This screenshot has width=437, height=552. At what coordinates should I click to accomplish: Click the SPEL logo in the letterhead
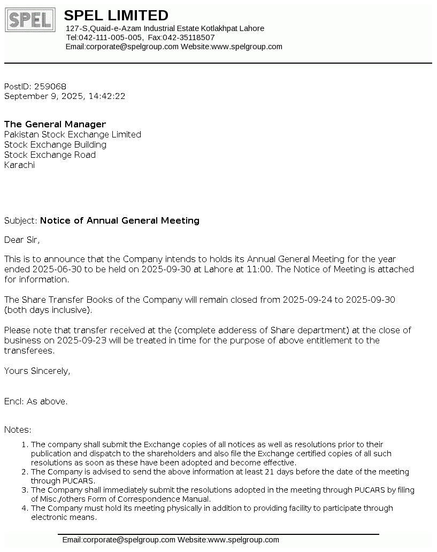point(30,20)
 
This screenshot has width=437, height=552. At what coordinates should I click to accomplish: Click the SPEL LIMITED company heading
point(116,16)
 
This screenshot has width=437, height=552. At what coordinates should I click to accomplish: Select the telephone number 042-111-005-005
point(111,37)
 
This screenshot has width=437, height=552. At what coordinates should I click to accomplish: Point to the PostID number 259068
point(50,86)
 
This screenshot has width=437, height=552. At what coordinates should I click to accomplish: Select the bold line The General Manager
point(55,124)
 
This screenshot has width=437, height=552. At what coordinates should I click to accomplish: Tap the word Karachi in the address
point(19,165)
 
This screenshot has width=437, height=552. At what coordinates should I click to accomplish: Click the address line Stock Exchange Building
point(55,144)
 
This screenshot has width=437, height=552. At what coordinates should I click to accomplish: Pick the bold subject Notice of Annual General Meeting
point(120,220)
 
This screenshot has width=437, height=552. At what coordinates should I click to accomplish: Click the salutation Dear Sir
point(22,240)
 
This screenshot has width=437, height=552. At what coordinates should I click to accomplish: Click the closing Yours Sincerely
point(37,371)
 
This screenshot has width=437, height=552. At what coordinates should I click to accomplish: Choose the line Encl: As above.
point(36,401)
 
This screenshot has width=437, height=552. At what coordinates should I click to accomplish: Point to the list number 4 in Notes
point(24,508)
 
